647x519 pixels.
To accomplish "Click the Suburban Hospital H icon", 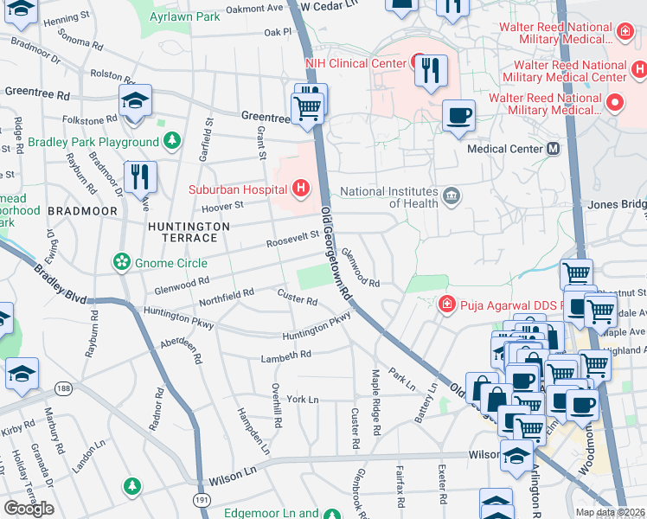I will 300,188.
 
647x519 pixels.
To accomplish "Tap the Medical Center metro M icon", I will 553,149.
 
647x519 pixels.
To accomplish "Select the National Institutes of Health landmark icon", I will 450,197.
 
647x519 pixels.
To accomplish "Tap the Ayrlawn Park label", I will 184,16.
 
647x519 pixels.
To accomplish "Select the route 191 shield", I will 201,500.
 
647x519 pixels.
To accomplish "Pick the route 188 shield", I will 62,388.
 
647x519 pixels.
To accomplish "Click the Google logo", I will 29,508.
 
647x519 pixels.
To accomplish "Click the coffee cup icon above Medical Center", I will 458,115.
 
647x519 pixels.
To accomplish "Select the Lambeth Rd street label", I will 287,356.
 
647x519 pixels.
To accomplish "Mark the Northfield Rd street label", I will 226,294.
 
